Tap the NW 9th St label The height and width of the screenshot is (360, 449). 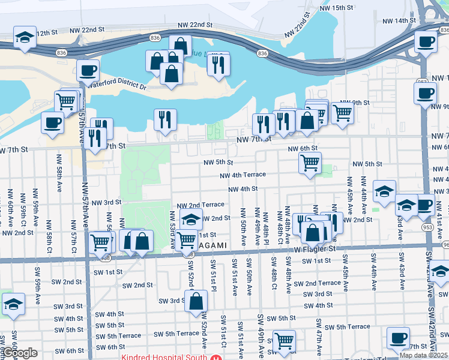(355, 103)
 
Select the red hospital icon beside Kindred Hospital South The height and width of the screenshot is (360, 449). (215, 357)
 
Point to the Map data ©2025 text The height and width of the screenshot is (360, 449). (423, 355)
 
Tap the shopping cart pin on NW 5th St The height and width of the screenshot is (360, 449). (310, 163)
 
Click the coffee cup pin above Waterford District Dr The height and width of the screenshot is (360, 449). (88, 71)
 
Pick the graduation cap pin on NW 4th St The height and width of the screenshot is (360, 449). (384, 191)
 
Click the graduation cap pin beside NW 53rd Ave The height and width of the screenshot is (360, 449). (191, 220)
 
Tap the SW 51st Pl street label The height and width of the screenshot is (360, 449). (214, 275)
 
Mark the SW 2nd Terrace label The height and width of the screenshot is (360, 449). (322, 283)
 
